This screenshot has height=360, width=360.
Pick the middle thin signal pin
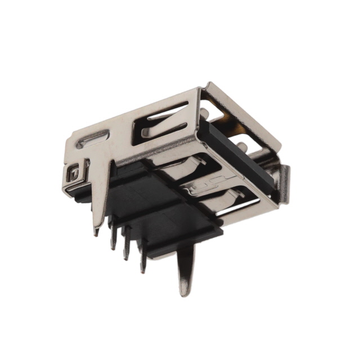click(127, 247)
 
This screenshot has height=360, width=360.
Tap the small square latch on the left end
click(72, 174)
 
